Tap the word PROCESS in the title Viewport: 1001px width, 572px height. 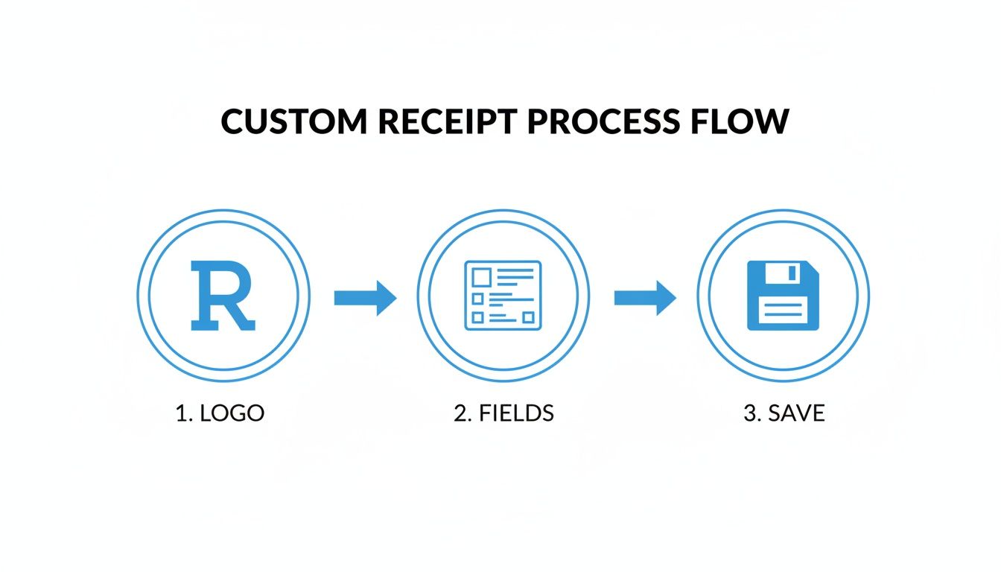[603, 121]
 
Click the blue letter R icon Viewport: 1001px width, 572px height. [223, 296]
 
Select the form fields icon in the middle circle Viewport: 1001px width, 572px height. [503, 296]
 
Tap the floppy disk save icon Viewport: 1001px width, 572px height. [783, 296]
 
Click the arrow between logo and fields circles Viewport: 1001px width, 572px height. [365, 298]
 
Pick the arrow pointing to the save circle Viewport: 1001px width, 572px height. [645, 298]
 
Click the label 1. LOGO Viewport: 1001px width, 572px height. [220, 413]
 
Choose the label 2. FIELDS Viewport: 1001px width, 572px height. [503, 413]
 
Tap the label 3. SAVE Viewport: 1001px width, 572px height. [784, 413]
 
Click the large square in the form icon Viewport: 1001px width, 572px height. [482, 277]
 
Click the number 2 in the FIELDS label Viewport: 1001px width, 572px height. [460, 413]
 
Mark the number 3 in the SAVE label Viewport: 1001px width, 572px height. [749, 413]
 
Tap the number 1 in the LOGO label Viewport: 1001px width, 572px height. [180, 413]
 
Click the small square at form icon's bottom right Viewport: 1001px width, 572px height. [528, 317]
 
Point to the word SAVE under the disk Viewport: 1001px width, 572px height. [795, 413]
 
